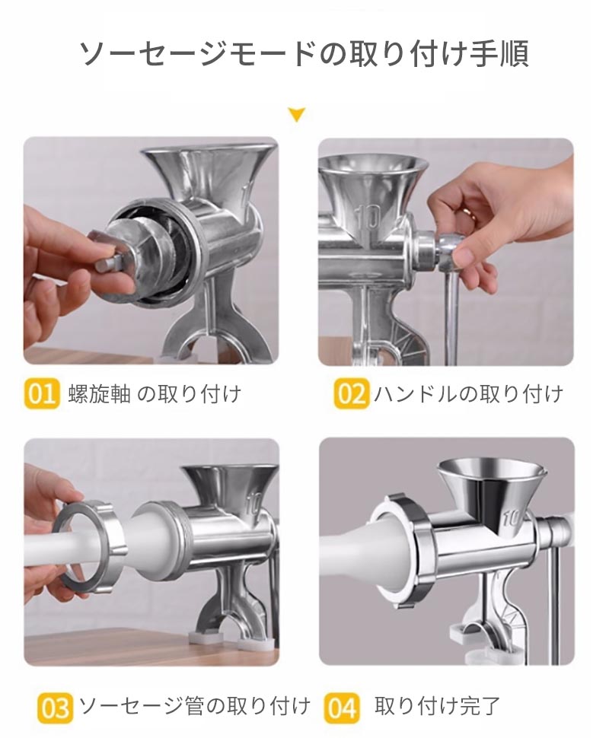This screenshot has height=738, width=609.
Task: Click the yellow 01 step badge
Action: click(41, 393)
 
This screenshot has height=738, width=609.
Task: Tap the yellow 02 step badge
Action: click(351, 393)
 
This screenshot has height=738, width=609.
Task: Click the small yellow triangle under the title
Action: click(297, 114)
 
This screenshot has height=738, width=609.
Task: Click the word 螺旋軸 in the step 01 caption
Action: click(99, 394)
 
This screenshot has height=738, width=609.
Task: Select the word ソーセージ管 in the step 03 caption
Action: click(142, 707)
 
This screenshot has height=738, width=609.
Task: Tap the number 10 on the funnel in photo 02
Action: click(368, 217)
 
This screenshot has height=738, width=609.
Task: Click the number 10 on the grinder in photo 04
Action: click(511, 517)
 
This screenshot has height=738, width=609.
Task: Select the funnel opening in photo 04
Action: click(491, 471)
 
